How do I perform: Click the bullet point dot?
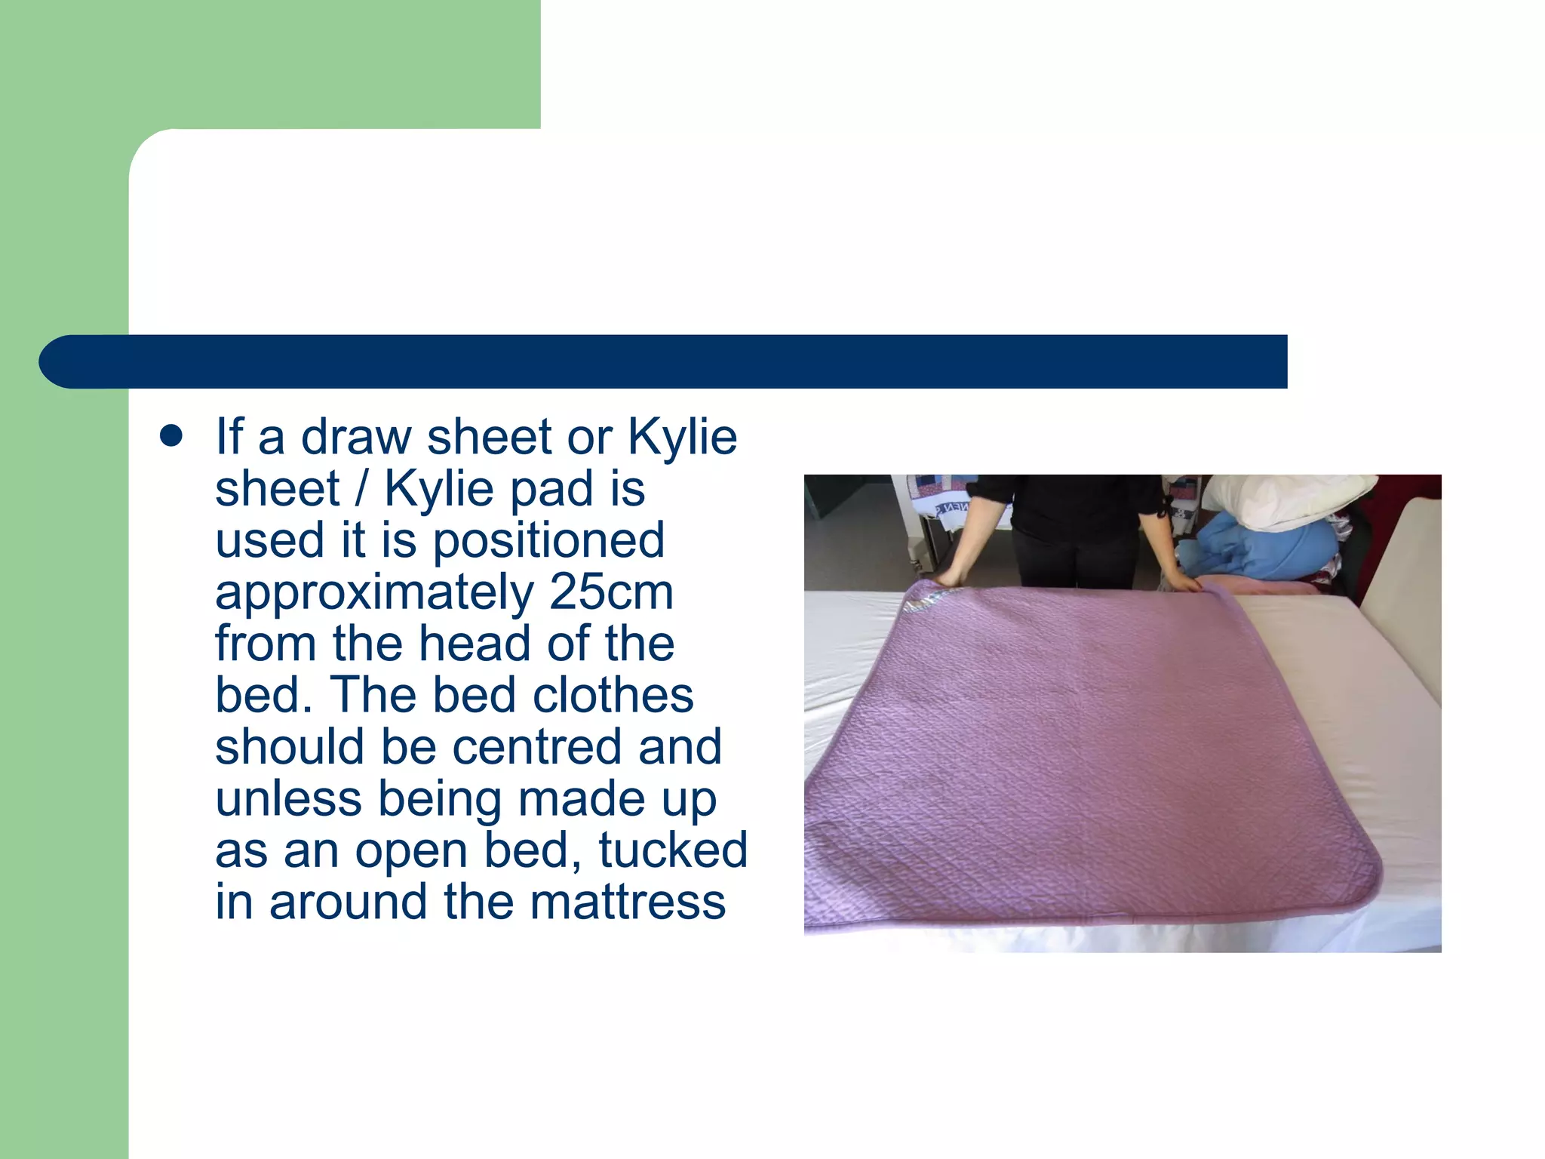tap(172, 437)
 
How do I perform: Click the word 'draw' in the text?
tap(356, 437)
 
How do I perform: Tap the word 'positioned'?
tap(548, 540)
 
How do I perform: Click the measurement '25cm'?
tap(611, 592)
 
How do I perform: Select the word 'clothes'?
tap(613, 695)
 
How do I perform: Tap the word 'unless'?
tap(288, 798)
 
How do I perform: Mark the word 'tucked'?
tap(673, 850)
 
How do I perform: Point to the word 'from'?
tap(266, 644)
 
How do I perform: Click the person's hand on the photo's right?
tap(1184, 583)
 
